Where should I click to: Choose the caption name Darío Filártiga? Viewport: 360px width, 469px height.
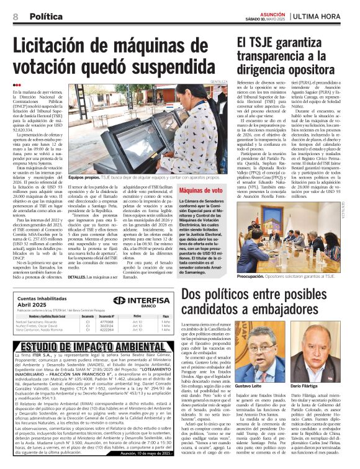point(324,385)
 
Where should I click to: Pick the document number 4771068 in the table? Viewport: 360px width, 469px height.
point(107,322)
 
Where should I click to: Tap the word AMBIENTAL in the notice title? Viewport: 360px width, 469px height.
point(128,346)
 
